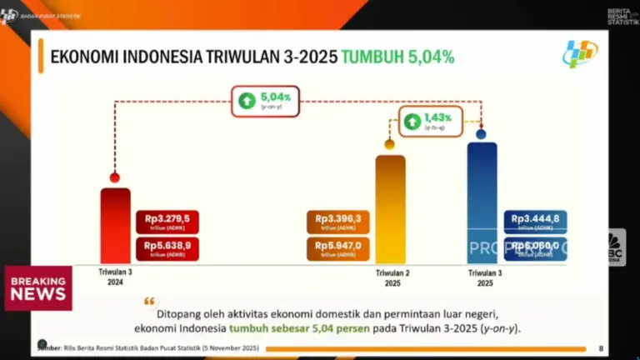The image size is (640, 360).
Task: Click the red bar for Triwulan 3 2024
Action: (115, 224)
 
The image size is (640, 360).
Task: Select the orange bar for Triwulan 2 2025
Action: (390, 208)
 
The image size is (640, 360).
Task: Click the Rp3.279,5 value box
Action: (167, 222)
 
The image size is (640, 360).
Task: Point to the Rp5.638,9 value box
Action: (167, 249)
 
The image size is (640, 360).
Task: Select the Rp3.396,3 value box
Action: (338, 222)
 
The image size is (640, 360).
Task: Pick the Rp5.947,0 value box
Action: (338, 249)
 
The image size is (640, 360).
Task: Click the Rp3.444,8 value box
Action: (536, 222)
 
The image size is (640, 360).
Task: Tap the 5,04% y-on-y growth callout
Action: (266, 101)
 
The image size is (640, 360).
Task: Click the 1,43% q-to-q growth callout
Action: (432, 122)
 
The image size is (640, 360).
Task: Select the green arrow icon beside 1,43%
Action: (412, 122)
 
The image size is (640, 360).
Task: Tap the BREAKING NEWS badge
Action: (38, 288)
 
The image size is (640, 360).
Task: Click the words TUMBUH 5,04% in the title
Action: (397, 57)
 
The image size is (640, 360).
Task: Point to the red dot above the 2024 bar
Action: (115, 177)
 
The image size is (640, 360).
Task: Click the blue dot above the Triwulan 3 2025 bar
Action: (481, 133)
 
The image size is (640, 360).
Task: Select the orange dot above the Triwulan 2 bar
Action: (389, 144)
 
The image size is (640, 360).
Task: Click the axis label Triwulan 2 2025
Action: (390, 277)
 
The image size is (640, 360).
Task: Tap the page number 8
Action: (602, 347)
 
